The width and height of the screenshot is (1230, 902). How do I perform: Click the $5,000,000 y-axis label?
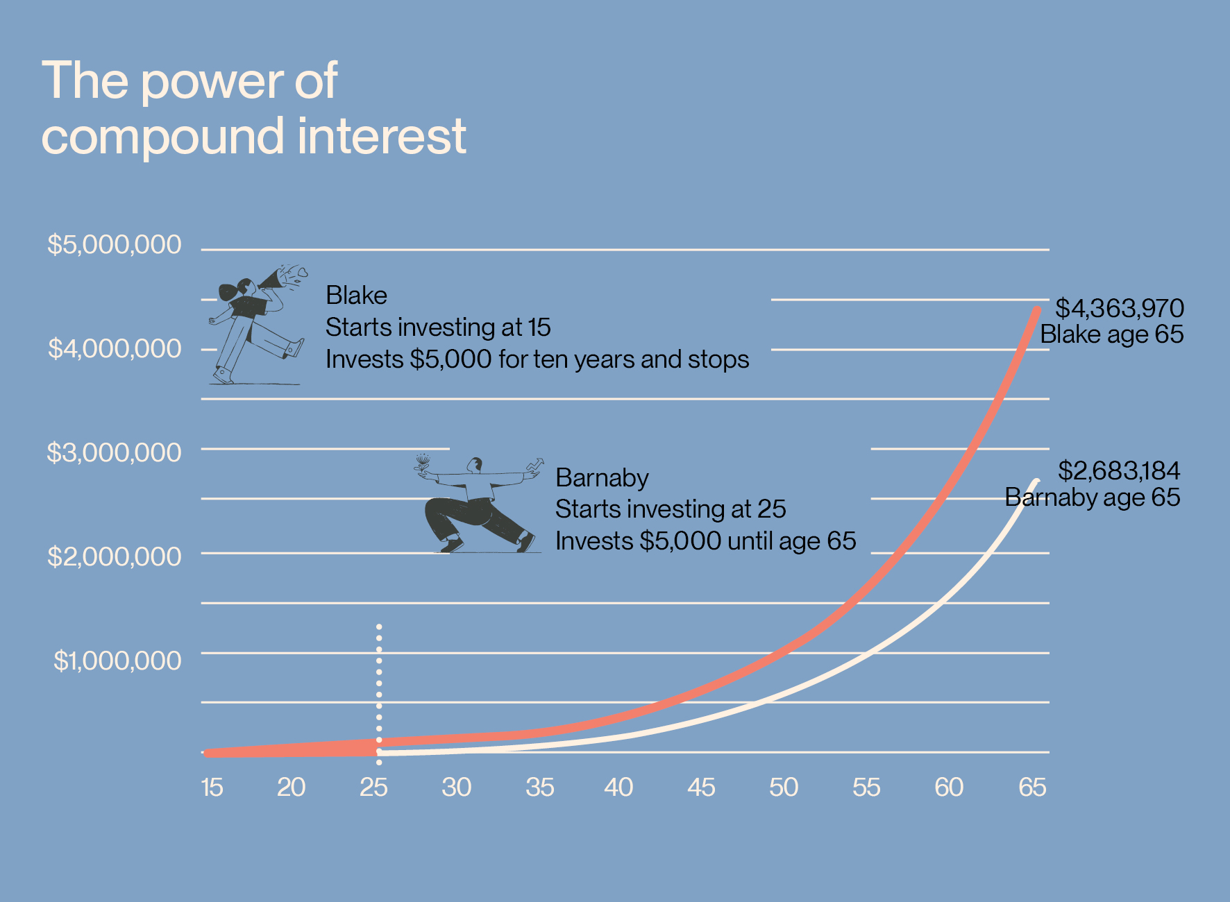click(114, 245)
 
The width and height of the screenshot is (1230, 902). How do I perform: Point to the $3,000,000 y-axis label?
click(114, 452)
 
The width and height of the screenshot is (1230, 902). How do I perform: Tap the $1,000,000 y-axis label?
click(117, 661)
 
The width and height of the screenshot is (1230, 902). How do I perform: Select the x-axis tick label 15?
click(212, 788)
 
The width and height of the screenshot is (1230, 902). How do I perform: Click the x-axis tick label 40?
click(618, 788)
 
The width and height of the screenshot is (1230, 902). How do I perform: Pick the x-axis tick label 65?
click(1032, 788)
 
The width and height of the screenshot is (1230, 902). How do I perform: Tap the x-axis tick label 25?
click(373, 788)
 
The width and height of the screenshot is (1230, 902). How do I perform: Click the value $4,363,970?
click(1119, 308)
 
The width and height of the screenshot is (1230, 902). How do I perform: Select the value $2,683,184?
click(1118, 471)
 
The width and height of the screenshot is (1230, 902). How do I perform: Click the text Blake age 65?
click(1111, 334)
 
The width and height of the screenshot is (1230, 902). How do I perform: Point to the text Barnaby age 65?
click(1092, 497)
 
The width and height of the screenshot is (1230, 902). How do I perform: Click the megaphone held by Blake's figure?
click(272, 280)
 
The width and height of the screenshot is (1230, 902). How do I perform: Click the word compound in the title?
click(162, 137)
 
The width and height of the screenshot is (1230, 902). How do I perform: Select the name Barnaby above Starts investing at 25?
click(602, 478)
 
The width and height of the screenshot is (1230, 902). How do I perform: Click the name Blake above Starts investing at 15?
click(356, 296)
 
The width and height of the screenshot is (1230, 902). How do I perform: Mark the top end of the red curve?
click(1037, 310)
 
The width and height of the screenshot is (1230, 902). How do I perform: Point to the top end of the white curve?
click(1037, 480)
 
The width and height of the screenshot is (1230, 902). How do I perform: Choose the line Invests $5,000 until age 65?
click(705, 541)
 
